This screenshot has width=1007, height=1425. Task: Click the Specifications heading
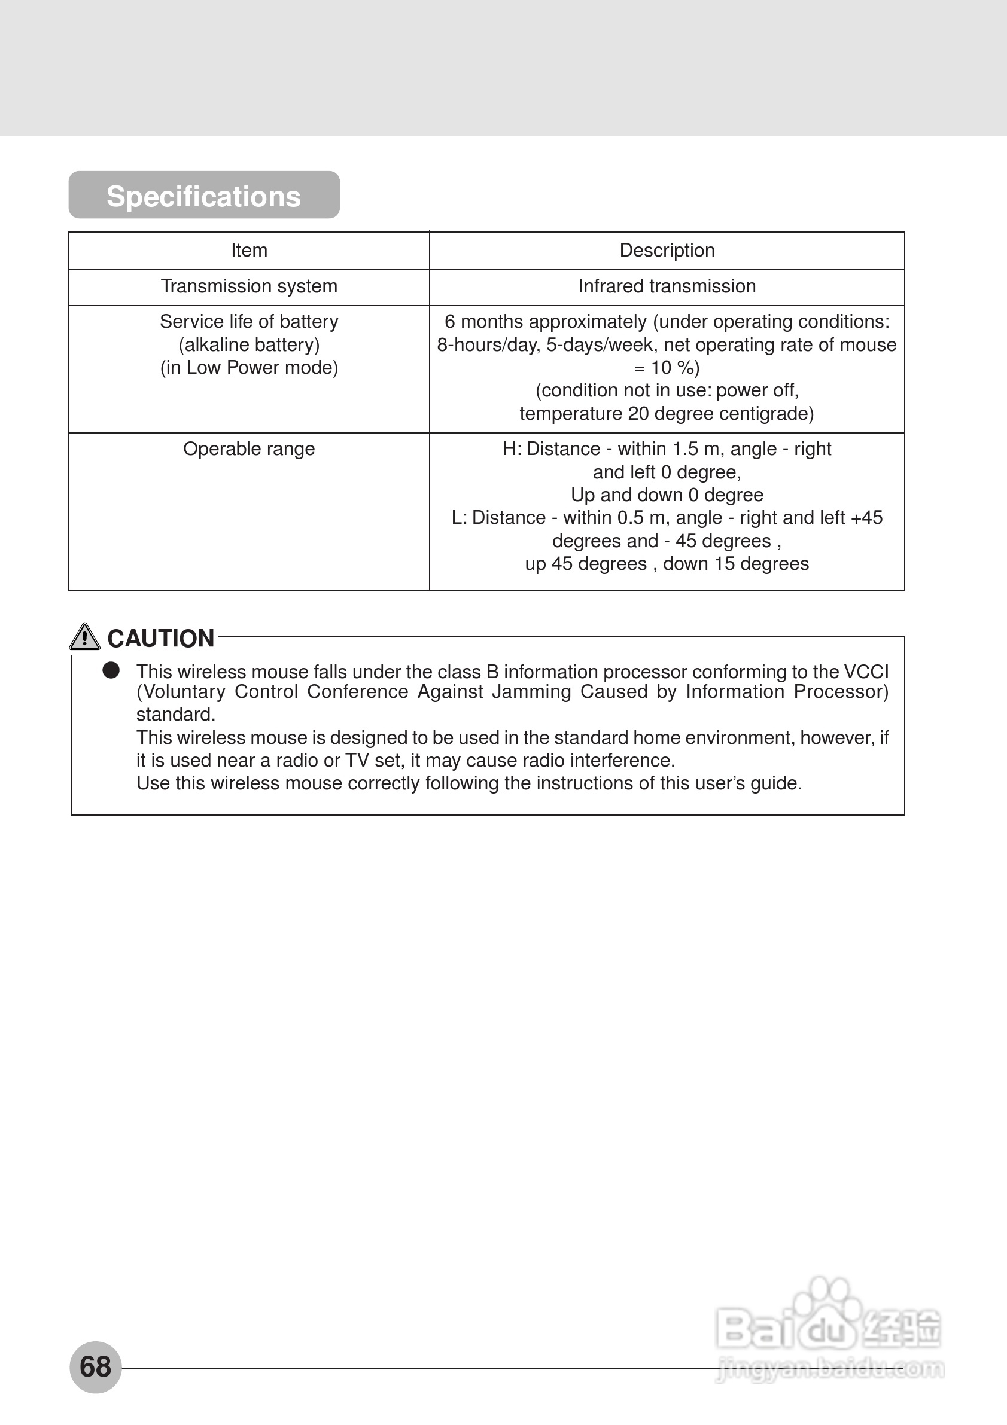coord(203,196)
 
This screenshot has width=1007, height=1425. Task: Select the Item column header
coord(249,251)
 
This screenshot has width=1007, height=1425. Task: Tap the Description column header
coord(667,251)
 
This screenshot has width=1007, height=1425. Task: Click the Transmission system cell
coord(249,286)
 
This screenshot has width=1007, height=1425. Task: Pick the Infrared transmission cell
coord(667,286)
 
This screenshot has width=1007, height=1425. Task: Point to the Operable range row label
coord(249,448)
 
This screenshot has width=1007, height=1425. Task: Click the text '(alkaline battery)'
coord(249,344)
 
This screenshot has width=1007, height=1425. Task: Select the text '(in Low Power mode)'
coord(249,367)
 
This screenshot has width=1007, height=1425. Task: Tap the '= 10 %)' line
coord(667,367)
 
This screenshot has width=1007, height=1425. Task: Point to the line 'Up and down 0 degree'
coord(667,495)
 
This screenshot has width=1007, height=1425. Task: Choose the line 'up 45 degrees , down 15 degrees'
coord(667,563)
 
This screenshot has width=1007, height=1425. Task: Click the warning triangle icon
coord(84,637)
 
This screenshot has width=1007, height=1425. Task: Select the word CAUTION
coord(161,638)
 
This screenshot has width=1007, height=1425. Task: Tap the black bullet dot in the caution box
coord(111,670)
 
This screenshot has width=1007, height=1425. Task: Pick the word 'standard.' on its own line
coord(176,715)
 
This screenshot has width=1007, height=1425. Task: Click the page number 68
coord(96,1366)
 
